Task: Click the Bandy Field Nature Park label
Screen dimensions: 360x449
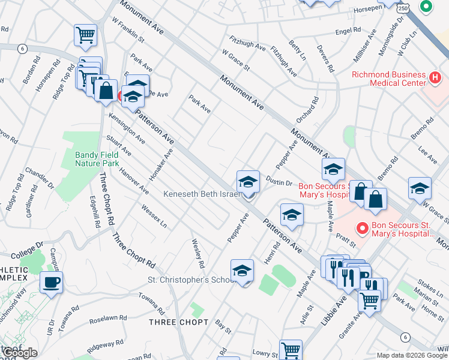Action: (97, 158)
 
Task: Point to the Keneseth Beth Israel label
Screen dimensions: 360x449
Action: (202, 194)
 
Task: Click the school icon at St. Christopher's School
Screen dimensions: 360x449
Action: (242, 271)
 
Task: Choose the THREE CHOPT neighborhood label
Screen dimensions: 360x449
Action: (178, 322)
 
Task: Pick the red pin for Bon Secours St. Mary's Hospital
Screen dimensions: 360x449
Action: (362, 229)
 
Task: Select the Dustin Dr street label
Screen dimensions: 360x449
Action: (279, 184)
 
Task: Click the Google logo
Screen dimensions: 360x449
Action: (20, 353)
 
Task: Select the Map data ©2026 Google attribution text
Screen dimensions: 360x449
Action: (412, 355)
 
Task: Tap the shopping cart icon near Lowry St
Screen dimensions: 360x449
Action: (291, 349)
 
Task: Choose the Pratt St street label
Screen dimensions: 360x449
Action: (346, 240)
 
